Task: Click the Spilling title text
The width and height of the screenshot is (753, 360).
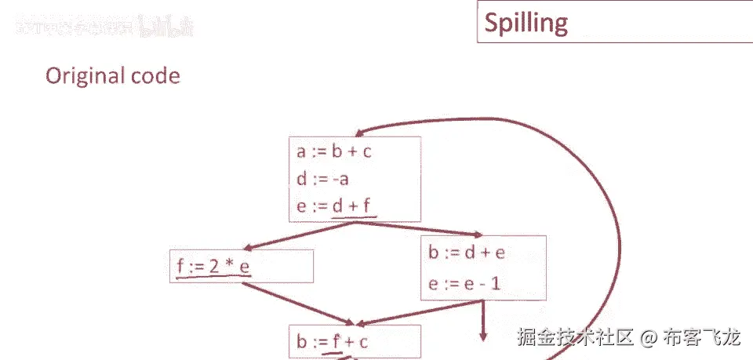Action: tap(526, 23)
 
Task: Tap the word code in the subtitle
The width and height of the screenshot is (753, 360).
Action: tap(153, 76)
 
